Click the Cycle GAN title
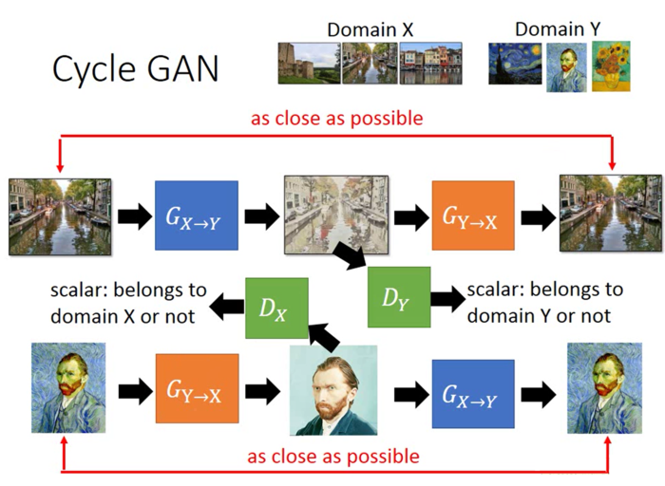135,68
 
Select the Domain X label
370,29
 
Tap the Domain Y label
557,29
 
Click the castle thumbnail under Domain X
308,64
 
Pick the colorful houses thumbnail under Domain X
430,64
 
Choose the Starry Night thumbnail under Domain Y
515,65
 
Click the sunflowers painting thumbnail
611,66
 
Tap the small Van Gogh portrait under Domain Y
565,66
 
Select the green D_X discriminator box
276,308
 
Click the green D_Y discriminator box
399,298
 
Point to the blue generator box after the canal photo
196,215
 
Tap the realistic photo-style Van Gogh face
333,390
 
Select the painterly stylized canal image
334,215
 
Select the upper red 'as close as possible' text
336,119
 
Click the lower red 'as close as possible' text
333,457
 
